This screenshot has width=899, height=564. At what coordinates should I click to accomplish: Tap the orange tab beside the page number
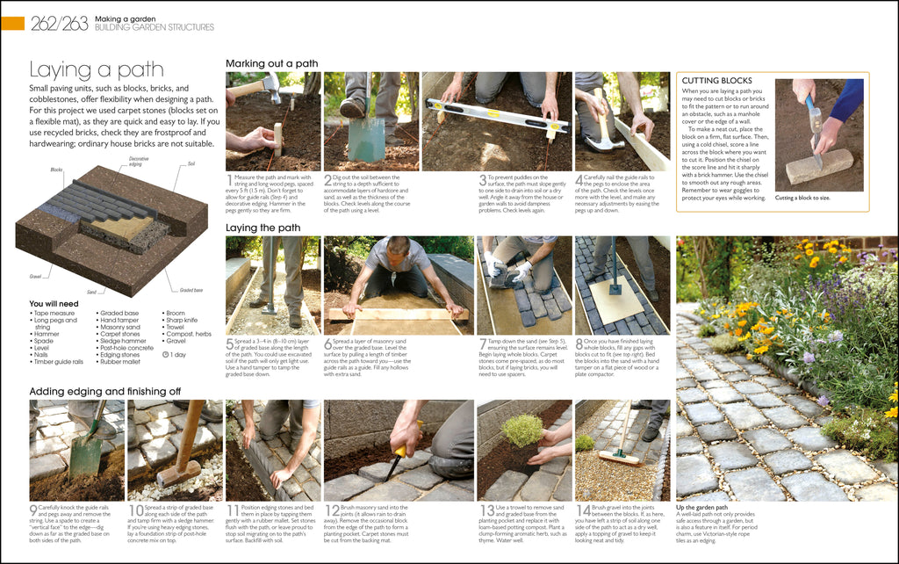coord(12,24)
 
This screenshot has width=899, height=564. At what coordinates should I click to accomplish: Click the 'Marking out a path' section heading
coord(271,63)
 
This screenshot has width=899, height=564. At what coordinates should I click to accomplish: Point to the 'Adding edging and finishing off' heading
coord(105,391)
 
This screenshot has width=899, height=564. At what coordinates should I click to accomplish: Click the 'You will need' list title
coord(54,304)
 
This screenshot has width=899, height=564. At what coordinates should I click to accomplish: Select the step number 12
coord(331,511)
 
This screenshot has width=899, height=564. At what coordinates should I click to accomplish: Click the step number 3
coord(482,181)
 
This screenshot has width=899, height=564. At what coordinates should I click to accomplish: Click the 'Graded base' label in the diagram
coord(191,290)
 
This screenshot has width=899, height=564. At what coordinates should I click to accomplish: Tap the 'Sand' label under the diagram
coord(91,291)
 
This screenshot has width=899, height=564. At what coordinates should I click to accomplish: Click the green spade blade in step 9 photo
coord(85,452)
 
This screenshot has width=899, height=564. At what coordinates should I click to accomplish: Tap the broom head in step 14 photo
coord(618,458)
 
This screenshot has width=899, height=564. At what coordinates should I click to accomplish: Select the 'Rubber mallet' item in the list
coord(121,362)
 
